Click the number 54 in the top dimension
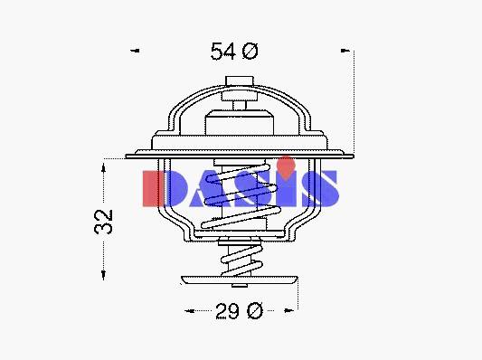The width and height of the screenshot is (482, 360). coord(223,52)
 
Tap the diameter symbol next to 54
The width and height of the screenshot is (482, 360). coord(250,51)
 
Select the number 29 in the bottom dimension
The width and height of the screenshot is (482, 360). coord(227,311)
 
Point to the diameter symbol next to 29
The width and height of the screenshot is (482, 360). coord(255,310)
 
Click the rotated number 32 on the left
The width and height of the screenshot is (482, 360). coord(104,222)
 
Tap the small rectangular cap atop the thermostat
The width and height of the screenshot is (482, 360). coord(240,81)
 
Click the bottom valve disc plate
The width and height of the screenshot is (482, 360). coord(240,280)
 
